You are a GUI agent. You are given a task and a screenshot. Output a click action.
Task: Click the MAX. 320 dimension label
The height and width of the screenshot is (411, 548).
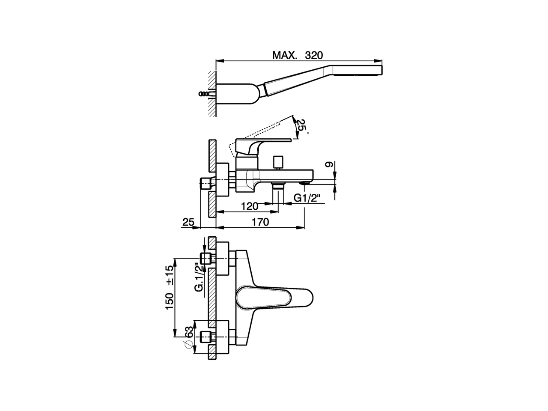(298, 55)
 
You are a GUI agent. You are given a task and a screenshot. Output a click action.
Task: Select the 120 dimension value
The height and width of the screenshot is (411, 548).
(249, 206)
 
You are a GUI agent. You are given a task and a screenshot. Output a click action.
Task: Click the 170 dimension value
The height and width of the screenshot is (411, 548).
(260, 222)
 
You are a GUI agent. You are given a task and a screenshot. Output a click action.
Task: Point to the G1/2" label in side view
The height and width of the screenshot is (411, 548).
(307, 197)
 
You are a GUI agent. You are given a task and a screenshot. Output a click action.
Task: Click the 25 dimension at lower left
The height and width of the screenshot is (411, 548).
(188, 222)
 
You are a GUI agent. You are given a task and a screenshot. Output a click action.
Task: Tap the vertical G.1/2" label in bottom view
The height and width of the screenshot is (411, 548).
(200, 277)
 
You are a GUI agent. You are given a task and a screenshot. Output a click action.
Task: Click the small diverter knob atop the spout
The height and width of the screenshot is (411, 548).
(280, 162)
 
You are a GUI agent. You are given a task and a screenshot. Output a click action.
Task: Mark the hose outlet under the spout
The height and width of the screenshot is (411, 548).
(278, 187)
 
